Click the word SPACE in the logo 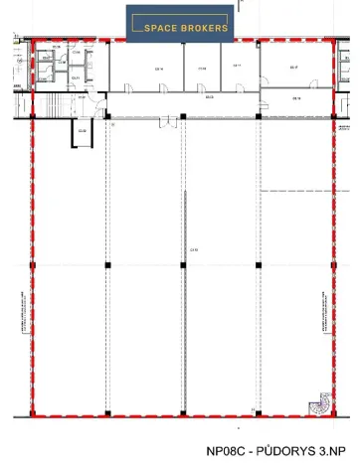(163, 28)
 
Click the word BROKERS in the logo (207, 28)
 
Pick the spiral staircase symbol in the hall (319, 405)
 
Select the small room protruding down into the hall (82, 131)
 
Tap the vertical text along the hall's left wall (24, 308)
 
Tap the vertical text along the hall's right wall (324, 308)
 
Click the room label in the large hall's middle (183, 250)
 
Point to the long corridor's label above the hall (210, 97)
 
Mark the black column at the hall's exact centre (183, 265)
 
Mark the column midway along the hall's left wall (33, 265)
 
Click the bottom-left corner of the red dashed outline (33, 413)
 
